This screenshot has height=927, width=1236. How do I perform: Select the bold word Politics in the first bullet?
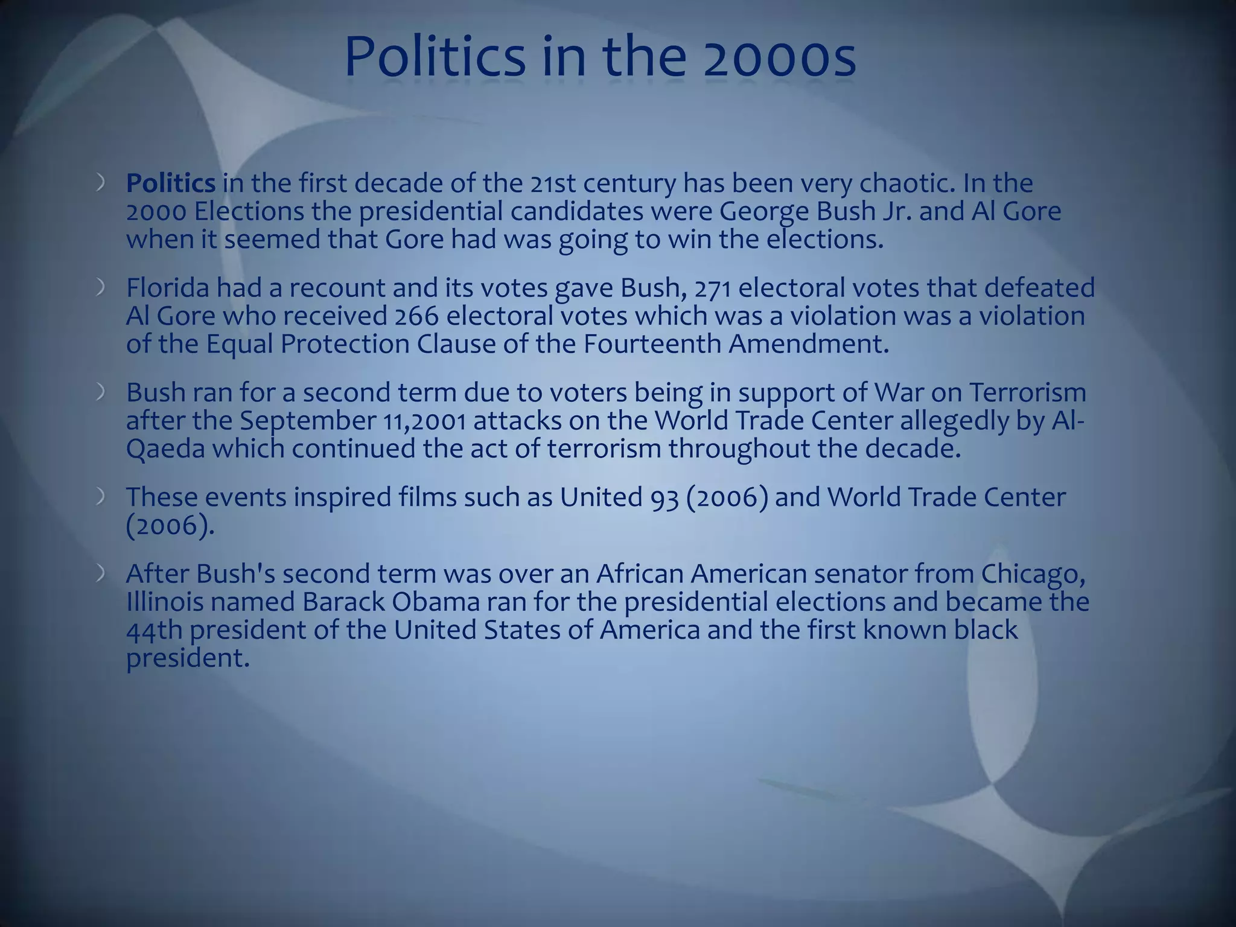[x=171, y=183]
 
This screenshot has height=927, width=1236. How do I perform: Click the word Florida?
[x=168, y=288]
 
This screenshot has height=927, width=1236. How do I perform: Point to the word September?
[x=308, y=421]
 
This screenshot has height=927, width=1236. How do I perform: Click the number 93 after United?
[x=664, y=498]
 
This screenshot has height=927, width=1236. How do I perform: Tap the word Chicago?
[x=1033, y=574]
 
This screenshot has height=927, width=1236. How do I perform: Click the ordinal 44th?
[x=154, y=630]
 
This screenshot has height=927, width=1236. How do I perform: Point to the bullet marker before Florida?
[x=101, y=288]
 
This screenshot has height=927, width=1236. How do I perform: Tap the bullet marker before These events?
[x=101, y=497]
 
